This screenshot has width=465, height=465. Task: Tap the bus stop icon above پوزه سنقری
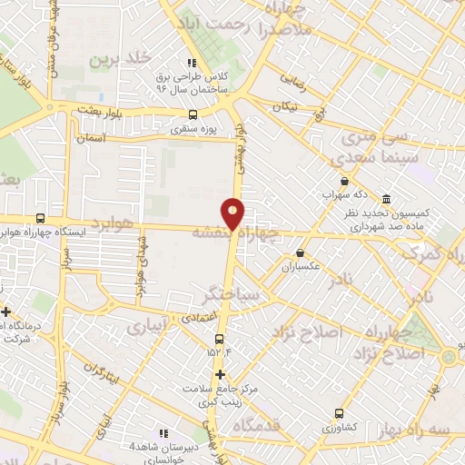[192, 114]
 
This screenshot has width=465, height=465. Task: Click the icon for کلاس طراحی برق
[191, 63]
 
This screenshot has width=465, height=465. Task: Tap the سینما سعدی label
[369, 158]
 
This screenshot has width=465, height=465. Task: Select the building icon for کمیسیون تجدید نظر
[386, 199]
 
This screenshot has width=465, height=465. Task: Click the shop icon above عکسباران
[300, 253]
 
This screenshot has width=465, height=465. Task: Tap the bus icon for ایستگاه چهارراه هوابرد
[40, 218]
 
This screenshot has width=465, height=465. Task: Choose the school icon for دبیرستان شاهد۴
[164, 433]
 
